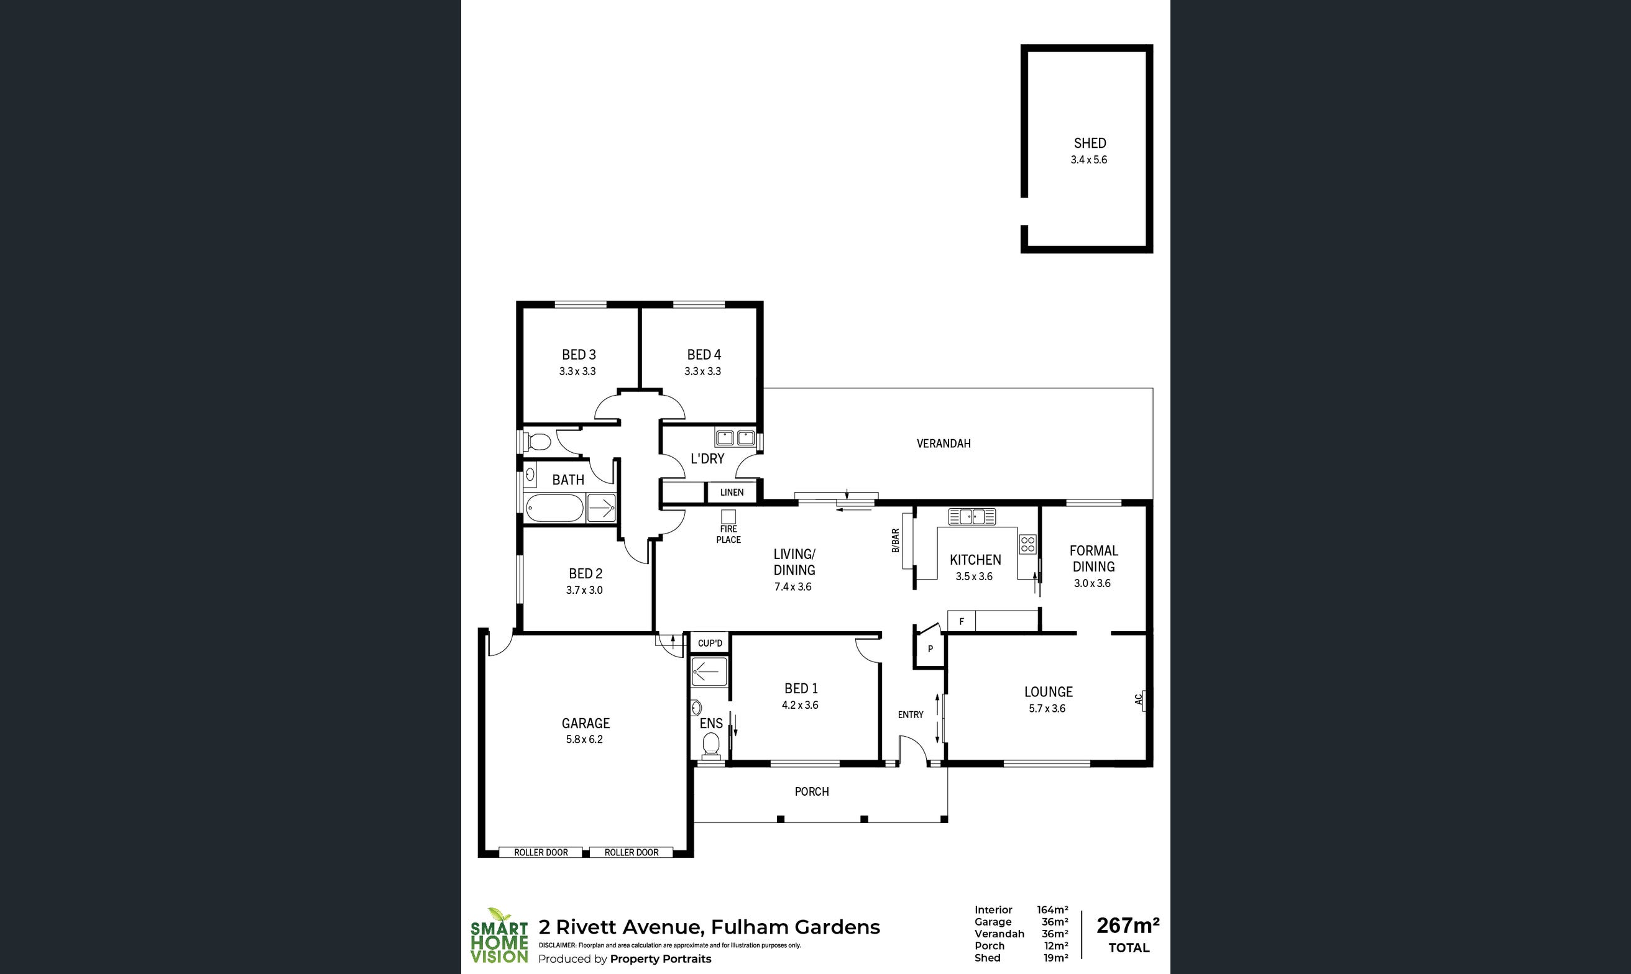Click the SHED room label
[x=1090, y=143]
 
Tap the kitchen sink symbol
[x=972, y=517]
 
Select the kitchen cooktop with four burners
[x=1027, y=544]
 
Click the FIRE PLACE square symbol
[x=728, y=517]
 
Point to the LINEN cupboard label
[x=732, y=492]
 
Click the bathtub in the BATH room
[x=555, y=509]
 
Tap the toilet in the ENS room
[x=710, y=745]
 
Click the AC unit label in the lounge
[x=1139, y=699]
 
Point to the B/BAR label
[x=895, y=541]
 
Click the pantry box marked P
[x=930, y=649]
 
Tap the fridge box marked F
[x=962, y=621]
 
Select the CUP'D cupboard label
[x=710, y=643]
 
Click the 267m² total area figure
[x=1128, y=926]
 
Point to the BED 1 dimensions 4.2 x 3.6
[x=800, y=705]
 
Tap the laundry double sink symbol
[x=735, y=438]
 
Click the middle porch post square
[x=864, y=819]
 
